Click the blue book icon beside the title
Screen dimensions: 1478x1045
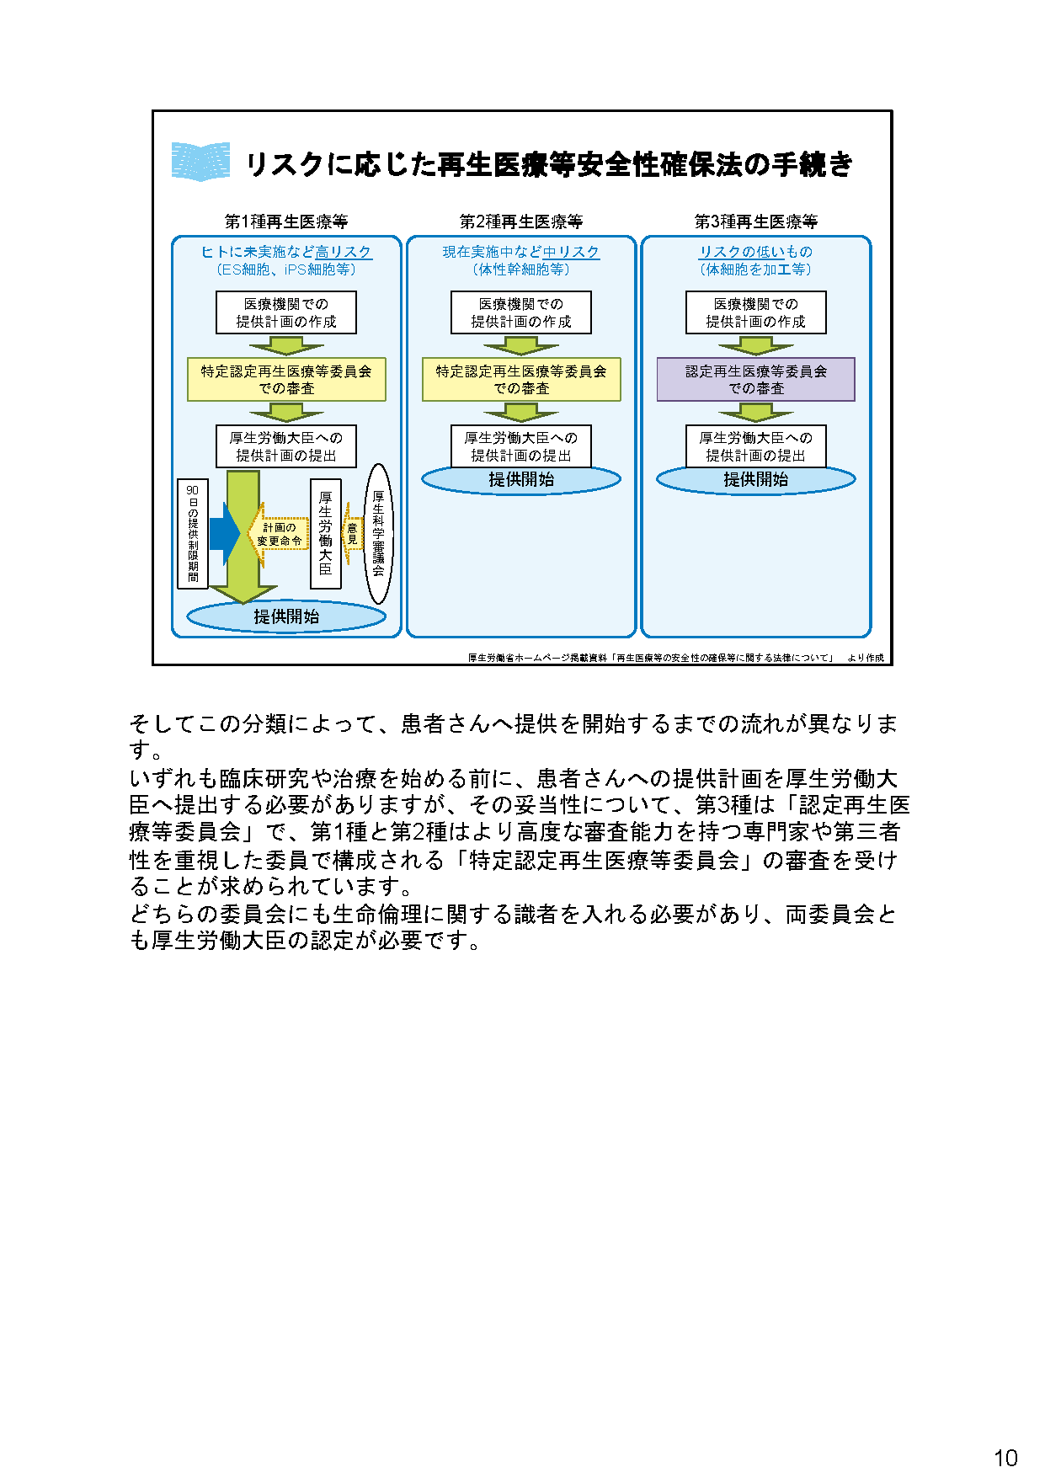tap(200, 162)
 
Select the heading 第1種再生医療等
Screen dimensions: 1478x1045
tap(285, 221)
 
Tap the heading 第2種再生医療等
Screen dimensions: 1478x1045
tap(520, 221)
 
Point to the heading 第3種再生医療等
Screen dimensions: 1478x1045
tap(755, 221)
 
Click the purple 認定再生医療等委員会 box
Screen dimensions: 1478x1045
tap(755, 379)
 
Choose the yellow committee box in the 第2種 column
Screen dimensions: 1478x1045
tap(520, 379)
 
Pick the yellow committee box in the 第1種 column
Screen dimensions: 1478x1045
tap(285, 379)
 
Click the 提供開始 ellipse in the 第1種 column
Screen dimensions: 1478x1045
tap(285, 616)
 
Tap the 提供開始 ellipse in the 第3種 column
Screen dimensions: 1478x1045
tap(755, 479)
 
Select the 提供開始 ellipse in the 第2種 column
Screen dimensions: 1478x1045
tap(520, 480)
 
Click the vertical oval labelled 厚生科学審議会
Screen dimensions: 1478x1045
tap(378, 534)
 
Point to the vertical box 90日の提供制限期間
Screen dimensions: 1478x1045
tap(193, 534)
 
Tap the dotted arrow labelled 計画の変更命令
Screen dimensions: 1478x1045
tap(280, 534)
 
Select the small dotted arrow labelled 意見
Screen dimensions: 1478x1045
tap(352, 534)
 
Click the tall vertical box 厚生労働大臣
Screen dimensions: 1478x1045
tap(325, 534)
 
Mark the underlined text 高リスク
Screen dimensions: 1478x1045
tap(343, 252)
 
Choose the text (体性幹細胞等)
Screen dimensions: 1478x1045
tap(520, 269)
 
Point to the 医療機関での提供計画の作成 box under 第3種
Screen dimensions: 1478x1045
tap(755, 312)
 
